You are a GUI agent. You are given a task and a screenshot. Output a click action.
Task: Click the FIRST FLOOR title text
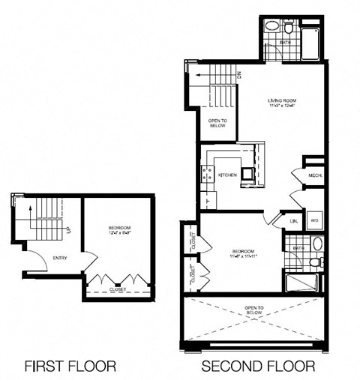pos(70,367)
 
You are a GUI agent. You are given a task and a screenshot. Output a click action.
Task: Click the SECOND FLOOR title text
pos(257,367)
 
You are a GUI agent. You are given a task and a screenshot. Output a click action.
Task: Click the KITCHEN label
pos(228,175)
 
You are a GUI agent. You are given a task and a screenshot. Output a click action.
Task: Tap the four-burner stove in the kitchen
pos(207,175)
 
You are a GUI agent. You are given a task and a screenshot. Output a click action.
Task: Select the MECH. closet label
pos(314,175)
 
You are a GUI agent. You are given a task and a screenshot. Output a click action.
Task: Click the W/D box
pos(315,220)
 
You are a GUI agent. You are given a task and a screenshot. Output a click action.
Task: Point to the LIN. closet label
pos(294,221)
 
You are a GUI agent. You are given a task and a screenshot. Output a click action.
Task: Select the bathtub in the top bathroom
pos(310,37)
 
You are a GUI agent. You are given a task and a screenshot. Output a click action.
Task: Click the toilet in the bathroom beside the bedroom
pos(316,262)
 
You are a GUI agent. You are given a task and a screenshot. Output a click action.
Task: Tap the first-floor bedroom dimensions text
pos(118,233)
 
